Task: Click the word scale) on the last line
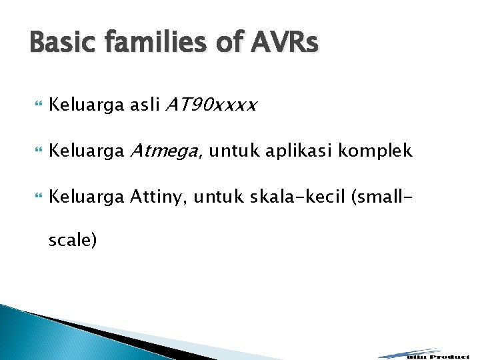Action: click(73, 240)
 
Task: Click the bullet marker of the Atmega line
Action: click(36, 151)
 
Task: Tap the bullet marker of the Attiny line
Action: click(36, 197)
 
